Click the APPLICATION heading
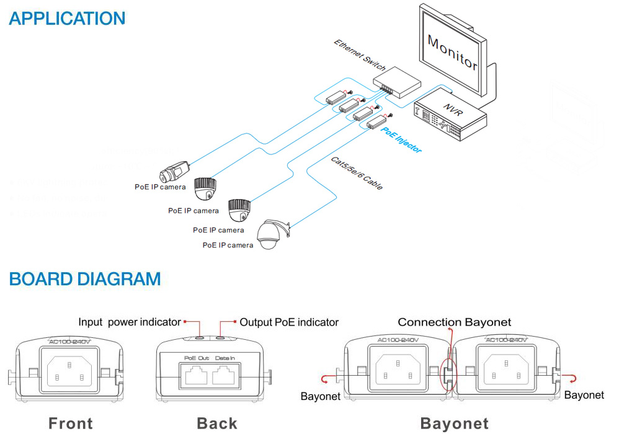pos(67,18)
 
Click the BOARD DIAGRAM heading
pos(85,279)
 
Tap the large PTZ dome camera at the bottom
pos(272,234)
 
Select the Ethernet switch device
pos(396,82)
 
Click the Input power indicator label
pos(129,322)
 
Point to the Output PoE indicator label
pos(289,322)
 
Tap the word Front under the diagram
pos(71,423)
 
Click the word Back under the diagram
pos(217,423)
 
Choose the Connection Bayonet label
pos(454,322)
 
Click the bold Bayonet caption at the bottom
pos(454,423)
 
